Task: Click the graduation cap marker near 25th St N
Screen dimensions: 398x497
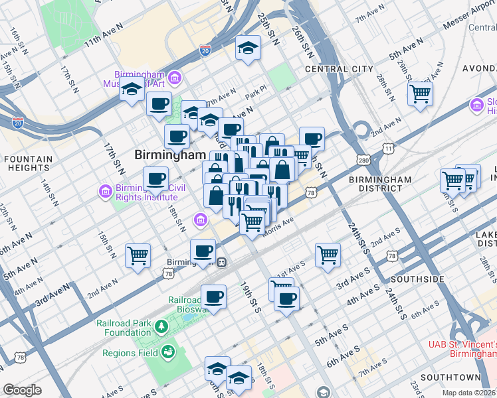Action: click(248, 48)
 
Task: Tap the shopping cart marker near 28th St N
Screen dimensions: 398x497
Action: click(420, 94)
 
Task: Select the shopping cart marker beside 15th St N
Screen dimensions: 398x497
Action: click(138, 255)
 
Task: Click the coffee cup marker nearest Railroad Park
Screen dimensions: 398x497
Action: click(213, 296)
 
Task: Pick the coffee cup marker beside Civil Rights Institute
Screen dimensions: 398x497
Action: click(155, 178)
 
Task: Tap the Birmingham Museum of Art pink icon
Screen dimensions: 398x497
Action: click(175, 79)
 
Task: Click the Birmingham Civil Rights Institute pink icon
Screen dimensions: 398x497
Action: click(104, 192)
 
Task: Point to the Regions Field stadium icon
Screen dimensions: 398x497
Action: click(167, 352)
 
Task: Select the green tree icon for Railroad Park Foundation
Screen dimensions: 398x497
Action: click(161, 326)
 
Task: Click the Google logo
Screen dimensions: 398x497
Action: click(21, 390)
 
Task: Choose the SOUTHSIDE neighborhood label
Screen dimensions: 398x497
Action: click(418, 279)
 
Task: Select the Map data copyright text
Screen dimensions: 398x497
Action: click(469, 393)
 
